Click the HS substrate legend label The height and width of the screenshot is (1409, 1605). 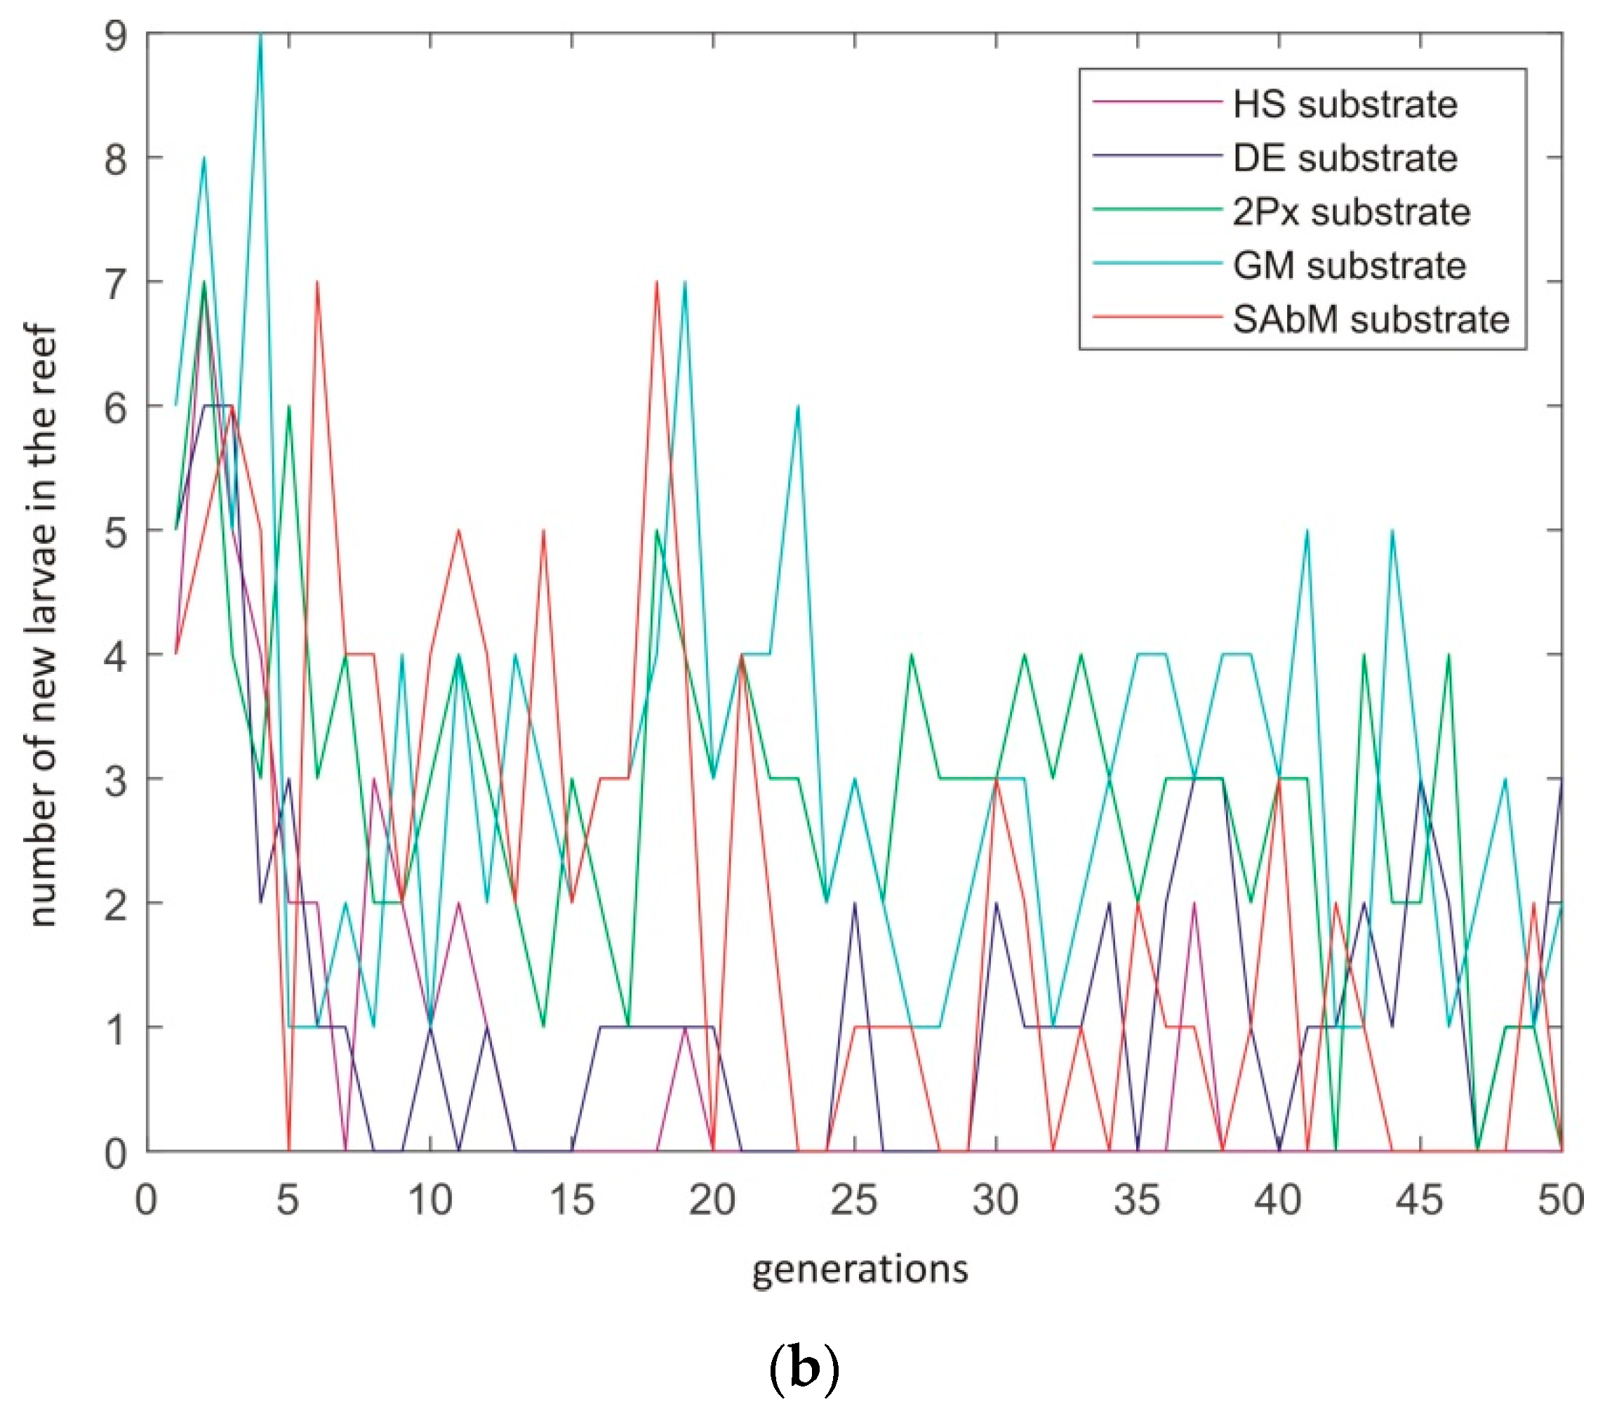1345,105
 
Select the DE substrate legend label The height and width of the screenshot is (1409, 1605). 1345,158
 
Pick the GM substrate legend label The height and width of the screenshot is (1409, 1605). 1349,265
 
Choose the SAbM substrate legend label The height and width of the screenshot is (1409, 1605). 1370,319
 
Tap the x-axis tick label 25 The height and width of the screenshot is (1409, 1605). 853,1200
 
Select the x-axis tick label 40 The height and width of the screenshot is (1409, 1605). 1279,1200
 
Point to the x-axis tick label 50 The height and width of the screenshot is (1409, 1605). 1561,1200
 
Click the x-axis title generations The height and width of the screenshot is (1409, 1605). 860,1270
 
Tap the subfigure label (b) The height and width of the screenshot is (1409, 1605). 803,1368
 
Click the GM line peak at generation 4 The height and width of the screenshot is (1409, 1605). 260,34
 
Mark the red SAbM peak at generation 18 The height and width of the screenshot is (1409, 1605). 656,282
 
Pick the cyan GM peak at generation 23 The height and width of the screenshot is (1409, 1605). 798,406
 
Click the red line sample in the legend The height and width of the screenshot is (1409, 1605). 1157,317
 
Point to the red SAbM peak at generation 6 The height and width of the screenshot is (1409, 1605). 317,282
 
